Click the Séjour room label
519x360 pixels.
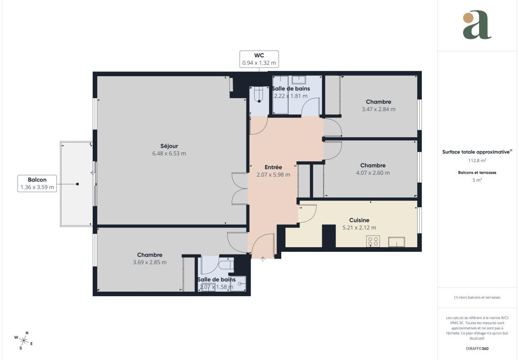[169, 146]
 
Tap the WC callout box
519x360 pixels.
[259, 59]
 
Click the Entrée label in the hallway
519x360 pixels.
[273, 167]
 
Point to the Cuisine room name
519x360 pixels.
[359, 220]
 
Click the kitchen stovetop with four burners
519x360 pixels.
[373, 241]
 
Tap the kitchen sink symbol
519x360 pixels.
[396, 242]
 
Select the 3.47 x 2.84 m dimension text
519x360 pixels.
[378, 109]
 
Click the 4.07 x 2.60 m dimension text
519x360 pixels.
[373, 173]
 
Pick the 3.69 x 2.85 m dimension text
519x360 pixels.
[150, 262]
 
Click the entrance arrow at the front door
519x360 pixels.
[263, 259]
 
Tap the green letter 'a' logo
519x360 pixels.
[477, 25]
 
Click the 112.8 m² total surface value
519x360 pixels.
[477, 161]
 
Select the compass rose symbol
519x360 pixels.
[23, 340]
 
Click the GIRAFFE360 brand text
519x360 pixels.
[477, 349]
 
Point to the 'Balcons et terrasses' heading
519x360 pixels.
[477, 172]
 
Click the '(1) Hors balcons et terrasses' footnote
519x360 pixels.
[477, 298]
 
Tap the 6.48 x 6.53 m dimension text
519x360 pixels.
[169, 154]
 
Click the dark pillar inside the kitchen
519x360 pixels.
[329, 236]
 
